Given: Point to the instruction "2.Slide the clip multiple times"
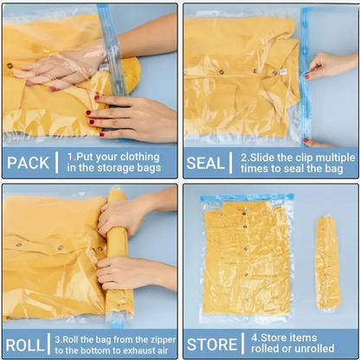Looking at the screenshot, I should point(296,162).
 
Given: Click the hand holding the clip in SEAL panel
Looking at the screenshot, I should point(331,65).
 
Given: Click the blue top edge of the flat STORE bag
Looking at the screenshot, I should point(247,198).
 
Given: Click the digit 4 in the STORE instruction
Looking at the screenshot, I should point(254,337).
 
